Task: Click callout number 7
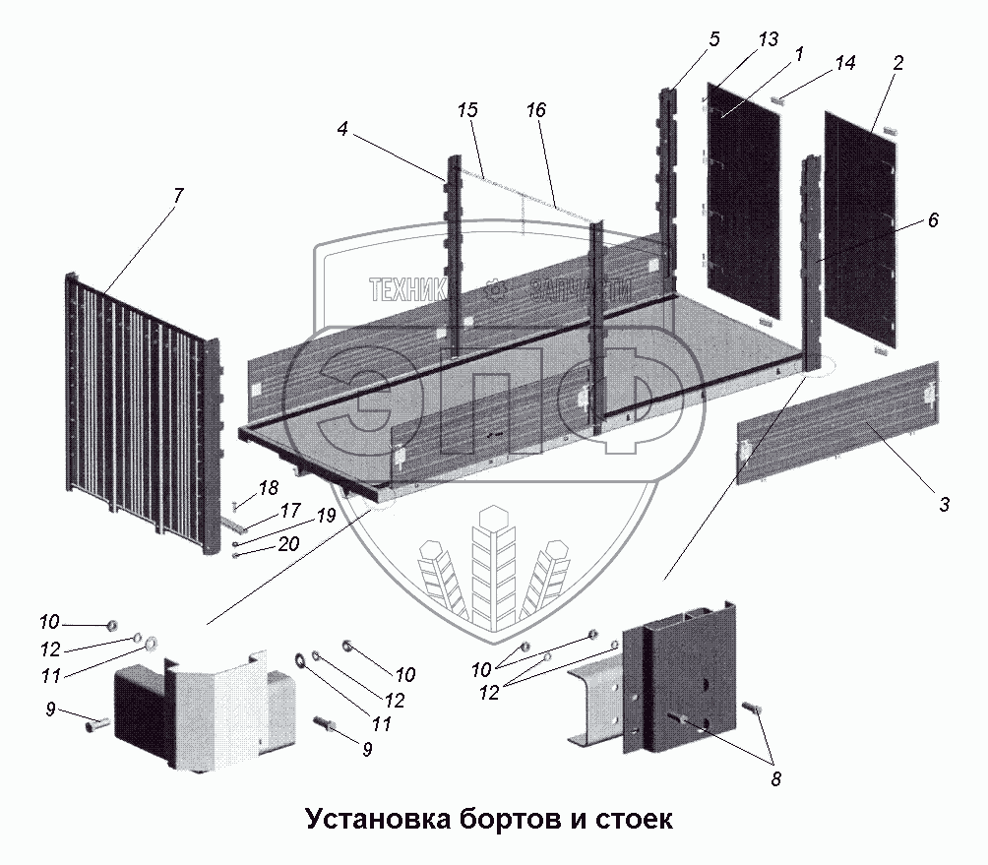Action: (x=177, y=195)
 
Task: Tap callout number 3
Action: (x=943, y=506)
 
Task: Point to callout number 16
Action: (x=535, y=111)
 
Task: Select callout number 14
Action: (x=844, y=63)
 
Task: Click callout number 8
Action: (x=776, y=780)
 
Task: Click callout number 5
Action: (x=713, y=39)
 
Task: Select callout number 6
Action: (x=932, y=220)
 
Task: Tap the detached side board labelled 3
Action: (x=836, y=423)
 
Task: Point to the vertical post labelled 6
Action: (x=813, y=266)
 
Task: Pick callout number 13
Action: (x=769, y=39)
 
